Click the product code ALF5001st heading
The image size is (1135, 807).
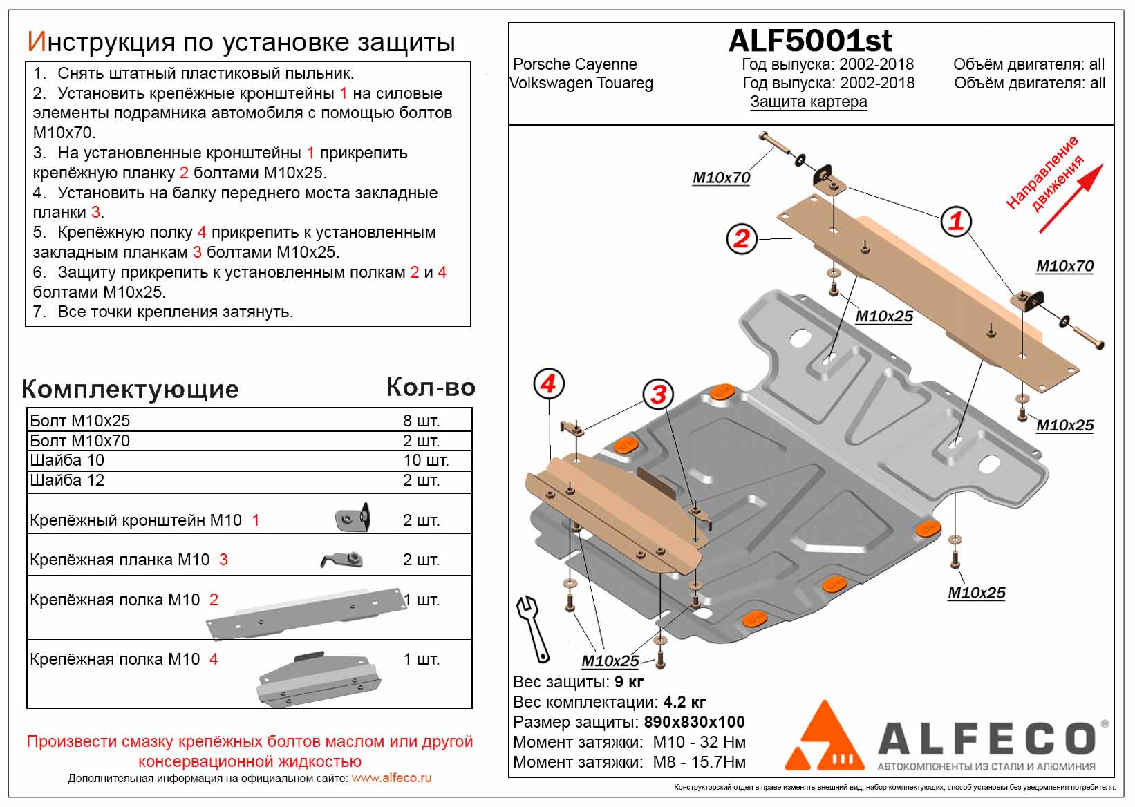click(809, 41)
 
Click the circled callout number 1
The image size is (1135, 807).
click(956, 221)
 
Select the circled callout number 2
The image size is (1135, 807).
click(742, 238)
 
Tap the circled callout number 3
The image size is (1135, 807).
click(658, 395)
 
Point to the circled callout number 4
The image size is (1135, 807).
click(549, 383)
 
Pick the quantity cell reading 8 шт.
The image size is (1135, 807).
click(421, 421)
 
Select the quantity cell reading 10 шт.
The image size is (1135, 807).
click(426, 460)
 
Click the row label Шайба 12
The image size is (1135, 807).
click(67, 480)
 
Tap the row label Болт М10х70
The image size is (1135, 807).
click(79, 441)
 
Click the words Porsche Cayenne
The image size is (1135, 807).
click(574, 64)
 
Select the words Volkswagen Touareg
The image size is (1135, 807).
click(581, 83)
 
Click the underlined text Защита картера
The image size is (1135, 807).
click(808, 102)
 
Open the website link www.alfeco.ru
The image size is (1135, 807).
click(391, 778)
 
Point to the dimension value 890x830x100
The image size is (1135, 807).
click(694, 722)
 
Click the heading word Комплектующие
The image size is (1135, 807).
click(130, 389)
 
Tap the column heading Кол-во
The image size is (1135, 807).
click(430, 388)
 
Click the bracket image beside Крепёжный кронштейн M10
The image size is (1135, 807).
click(353, 518)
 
